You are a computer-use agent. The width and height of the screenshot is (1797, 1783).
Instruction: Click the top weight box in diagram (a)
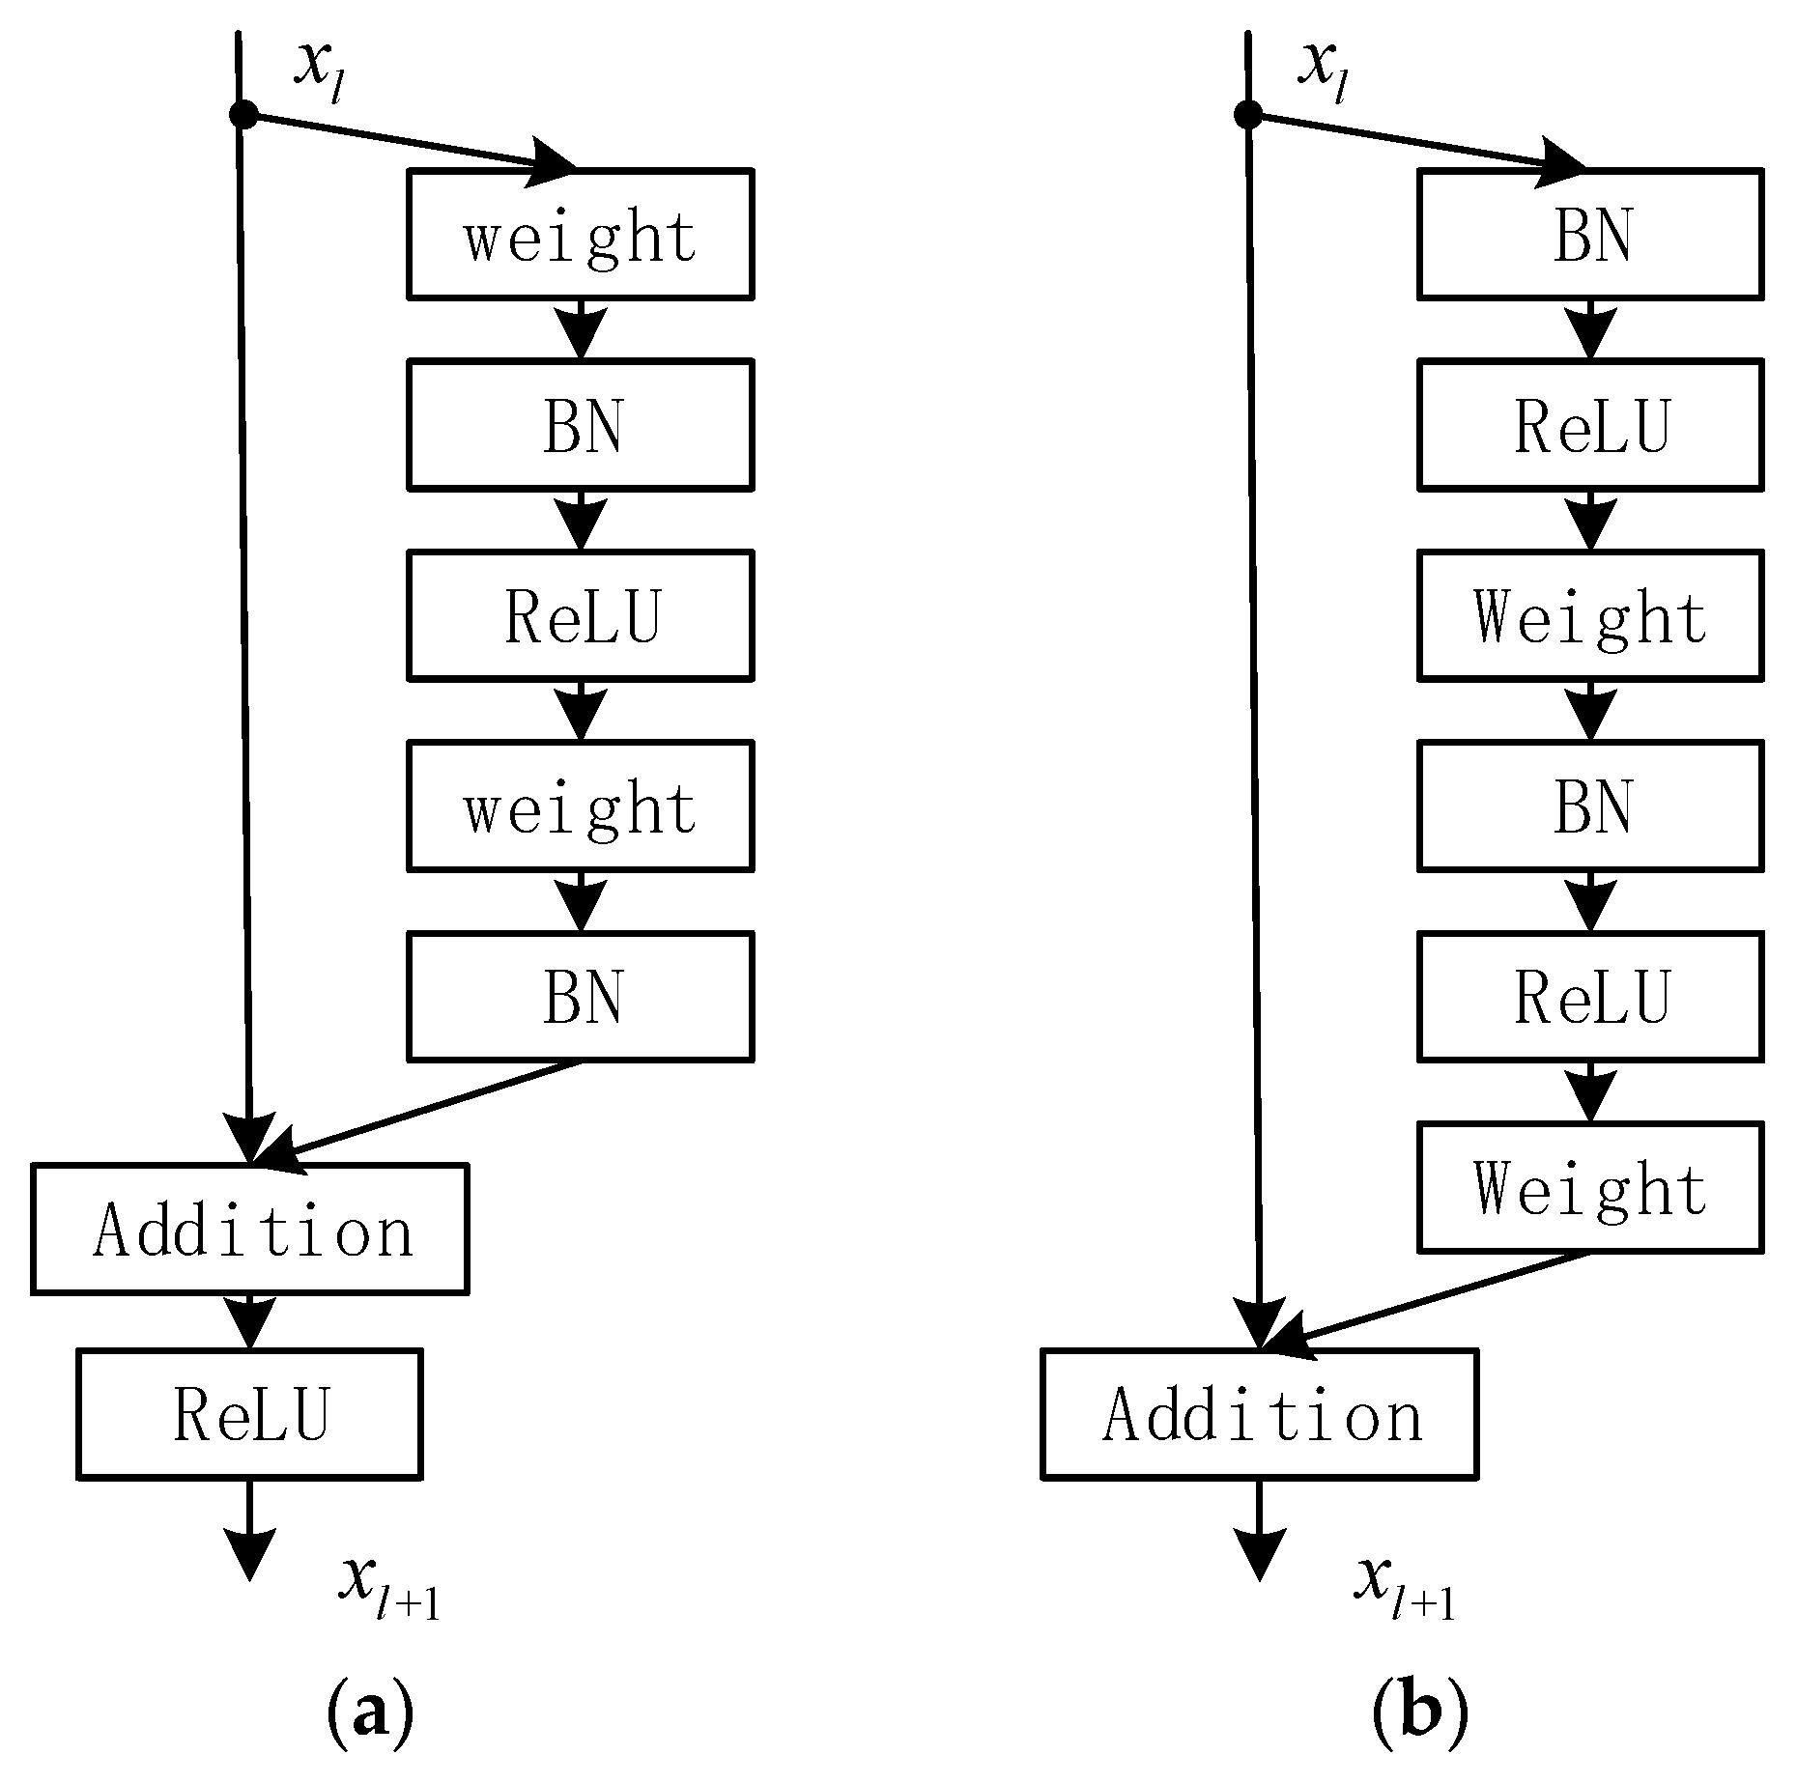pos(580,235)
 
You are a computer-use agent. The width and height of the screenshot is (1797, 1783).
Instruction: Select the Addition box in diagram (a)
pos(250,1229)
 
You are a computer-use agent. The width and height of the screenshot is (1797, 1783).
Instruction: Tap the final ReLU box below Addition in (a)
pos(249,1413)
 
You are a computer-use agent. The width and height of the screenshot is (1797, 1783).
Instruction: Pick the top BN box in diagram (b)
pos(1590,235)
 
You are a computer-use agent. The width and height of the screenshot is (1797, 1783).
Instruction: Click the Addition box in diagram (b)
pos(1260,1413)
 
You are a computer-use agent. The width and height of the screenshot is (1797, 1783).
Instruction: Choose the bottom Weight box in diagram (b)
pos(1590,1187)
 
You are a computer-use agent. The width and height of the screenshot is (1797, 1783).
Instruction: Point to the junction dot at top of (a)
pos(243,115)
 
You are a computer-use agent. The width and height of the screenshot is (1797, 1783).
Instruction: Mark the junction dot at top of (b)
pos(1248,115)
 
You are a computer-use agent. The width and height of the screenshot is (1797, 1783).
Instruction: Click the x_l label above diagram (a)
pos(319,70)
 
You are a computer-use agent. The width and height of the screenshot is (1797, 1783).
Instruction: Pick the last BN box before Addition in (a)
pos(580,997)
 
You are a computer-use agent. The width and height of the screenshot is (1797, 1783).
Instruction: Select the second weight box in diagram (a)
pos(580,807)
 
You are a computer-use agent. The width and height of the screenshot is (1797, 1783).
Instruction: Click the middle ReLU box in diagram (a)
pos(580,616)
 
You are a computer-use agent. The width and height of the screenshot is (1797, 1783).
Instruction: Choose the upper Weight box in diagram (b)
pos(1590,616)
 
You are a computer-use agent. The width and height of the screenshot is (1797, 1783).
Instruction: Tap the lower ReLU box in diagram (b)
pos(1590,997)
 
